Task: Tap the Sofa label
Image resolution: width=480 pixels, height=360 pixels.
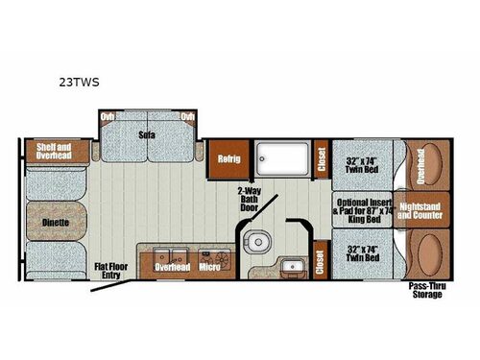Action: [147, 134]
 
